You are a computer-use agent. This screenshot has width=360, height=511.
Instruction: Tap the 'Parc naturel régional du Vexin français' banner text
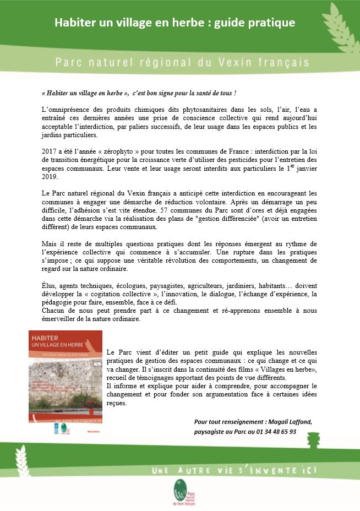click(x=182, y=63)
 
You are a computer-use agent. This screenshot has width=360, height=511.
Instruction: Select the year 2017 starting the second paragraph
click(x=50, y=150)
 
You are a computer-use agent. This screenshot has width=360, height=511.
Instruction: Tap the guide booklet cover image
click(x=65, y=376)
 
